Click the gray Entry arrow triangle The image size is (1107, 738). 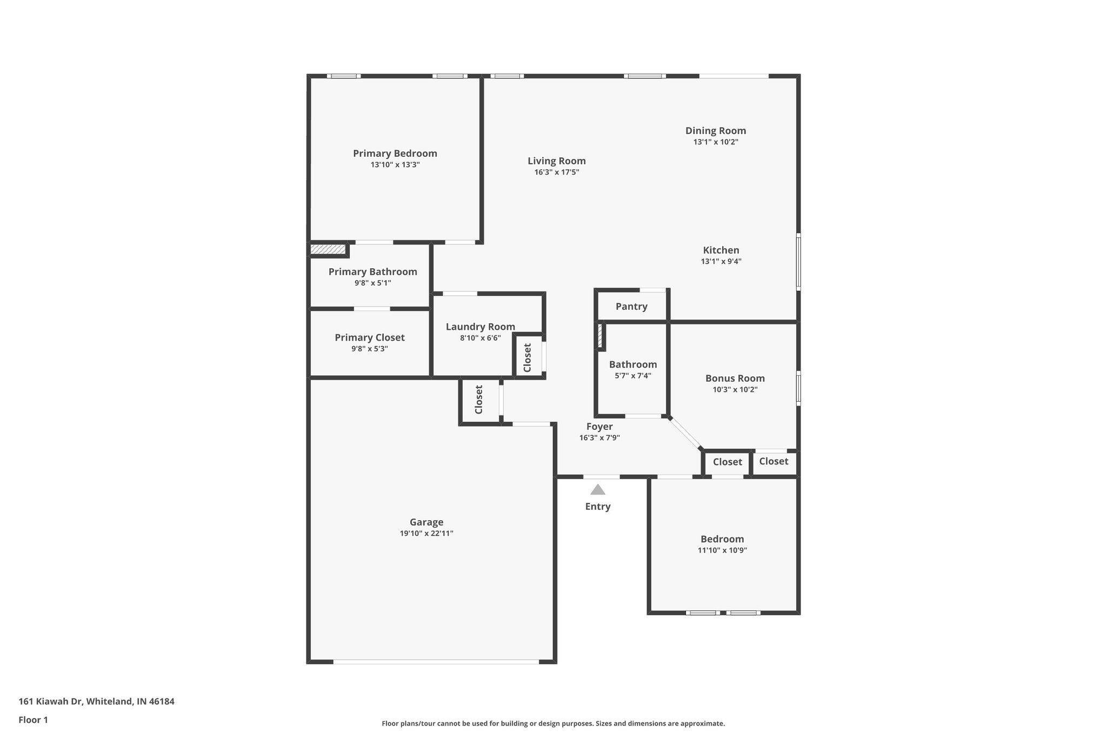pos(597,490)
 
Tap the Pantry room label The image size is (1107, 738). pos(631,307)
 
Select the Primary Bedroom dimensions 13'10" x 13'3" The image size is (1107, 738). pos(395,165)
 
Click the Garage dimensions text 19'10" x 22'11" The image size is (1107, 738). pos(426,534)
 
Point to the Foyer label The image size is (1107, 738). pos(599,427)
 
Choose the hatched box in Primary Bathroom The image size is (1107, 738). pos(328,249)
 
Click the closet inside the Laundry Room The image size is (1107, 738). pos(528,357)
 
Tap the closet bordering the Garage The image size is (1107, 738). pos(479,400)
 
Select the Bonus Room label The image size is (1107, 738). pos(735,378)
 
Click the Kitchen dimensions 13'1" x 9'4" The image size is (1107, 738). pos(721,262)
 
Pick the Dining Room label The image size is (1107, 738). pos(716,130)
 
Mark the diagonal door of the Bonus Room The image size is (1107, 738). pos(685,434)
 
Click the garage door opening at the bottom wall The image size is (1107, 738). pos(436,661)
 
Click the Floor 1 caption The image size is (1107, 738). pos(33,720)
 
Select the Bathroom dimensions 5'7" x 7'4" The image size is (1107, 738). pos(633,376)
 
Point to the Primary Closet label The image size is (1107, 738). pos(369,337)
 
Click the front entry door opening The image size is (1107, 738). pos(601,477)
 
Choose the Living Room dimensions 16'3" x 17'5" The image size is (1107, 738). pos(557,172)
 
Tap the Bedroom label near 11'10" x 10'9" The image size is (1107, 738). pos(722,539)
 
